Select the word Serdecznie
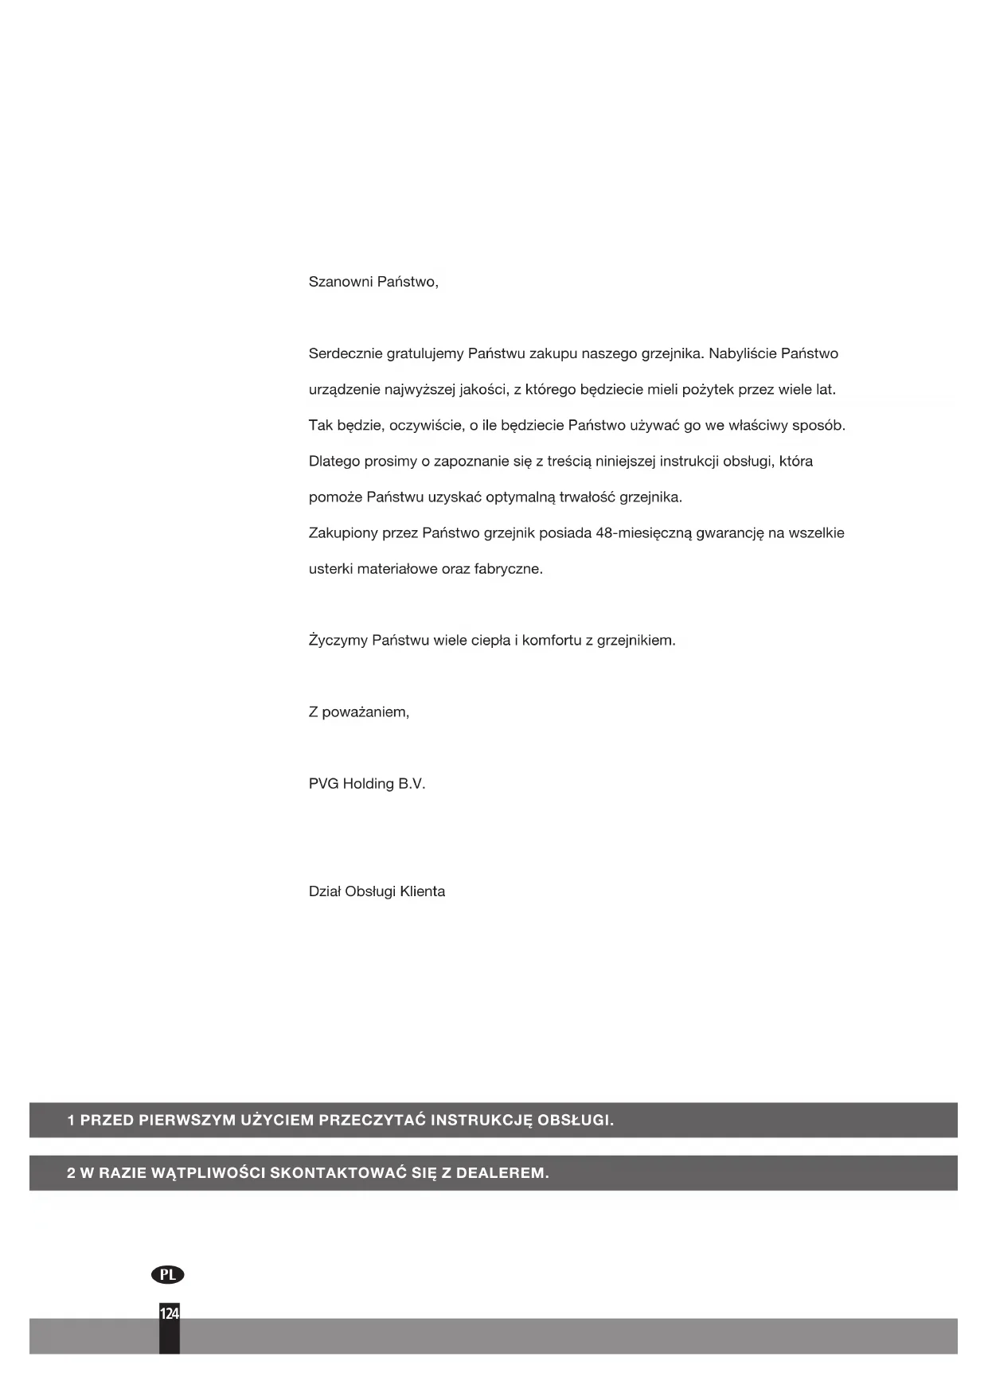point(345,353)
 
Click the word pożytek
point(708,390)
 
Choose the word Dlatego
point(334,462)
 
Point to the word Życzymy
point(337,641)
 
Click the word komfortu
point(552,641)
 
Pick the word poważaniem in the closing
point(365,712)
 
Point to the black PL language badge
point(167,1274)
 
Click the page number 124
point(170,1313)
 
